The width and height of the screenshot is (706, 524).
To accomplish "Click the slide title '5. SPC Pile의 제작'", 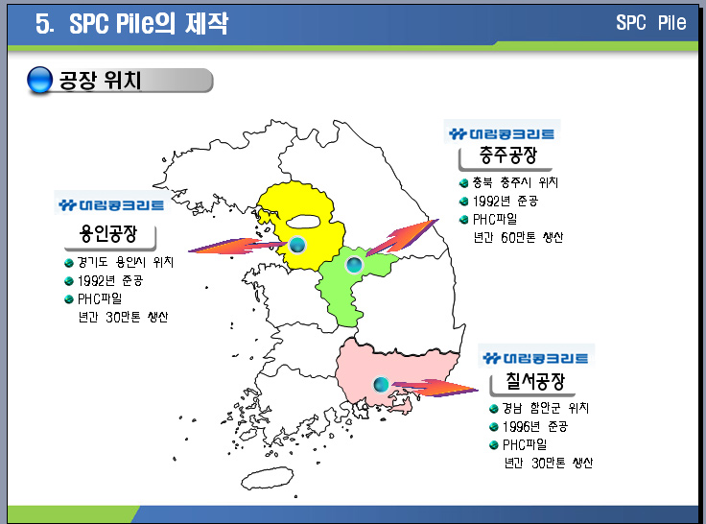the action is click(x=132, y=23).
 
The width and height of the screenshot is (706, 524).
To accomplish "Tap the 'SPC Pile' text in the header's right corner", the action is click(x=650, y=22).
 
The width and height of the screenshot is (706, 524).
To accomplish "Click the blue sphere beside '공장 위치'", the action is click(x=40, y=80).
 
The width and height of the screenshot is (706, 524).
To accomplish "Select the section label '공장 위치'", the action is click(x=100, y=81).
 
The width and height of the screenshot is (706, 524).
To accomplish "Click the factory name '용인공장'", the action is click(x=108, y=233).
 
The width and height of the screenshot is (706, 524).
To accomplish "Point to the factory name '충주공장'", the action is click(x=507, y=155).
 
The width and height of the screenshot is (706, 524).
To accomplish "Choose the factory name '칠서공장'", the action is click(x=535, y=381).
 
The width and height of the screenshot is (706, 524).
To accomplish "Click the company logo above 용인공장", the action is click(x=111, y=205).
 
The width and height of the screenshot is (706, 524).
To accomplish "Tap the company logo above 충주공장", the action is click(x=502, y=133).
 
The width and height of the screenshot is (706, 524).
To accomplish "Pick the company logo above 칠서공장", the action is click(x=535, y=358).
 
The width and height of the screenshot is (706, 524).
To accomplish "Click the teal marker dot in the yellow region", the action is click(x=297, y=245).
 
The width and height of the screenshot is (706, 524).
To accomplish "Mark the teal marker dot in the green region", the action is click(x=354, y=265).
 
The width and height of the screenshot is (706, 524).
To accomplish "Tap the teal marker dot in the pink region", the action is click(x=381, y=384).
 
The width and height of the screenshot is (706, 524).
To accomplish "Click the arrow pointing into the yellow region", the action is click(x=238, y=247).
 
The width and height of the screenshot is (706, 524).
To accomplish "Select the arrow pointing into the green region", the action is click(x=402, y=238).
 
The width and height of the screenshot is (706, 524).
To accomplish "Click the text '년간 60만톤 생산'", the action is click(x=518, y=237).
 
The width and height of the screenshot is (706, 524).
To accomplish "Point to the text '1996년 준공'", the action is click(x=535, y=426).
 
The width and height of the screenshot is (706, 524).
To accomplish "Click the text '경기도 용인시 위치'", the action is click(x=125, y=262).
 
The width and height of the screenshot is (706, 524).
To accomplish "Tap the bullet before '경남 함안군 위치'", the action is click(x=493, y=409).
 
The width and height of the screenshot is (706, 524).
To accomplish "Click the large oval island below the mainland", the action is click(x=267, y=478).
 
